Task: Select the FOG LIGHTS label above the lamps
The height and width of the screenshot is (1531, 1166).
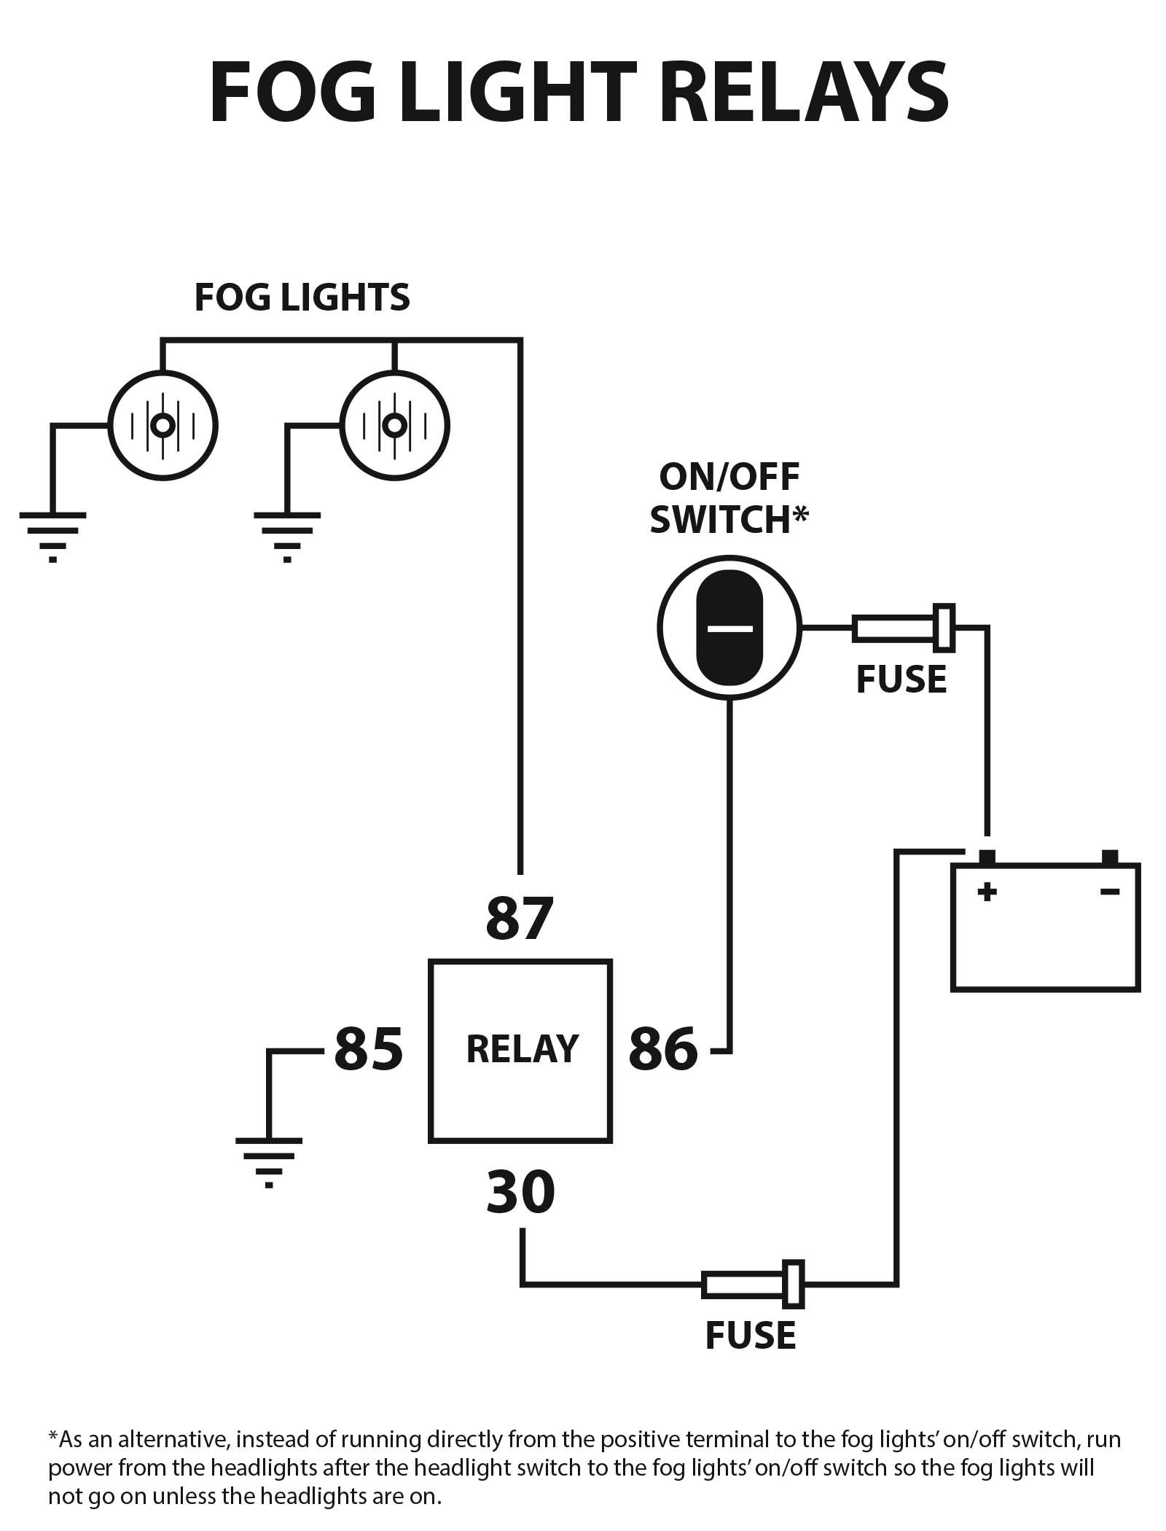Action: [x=302, y=297]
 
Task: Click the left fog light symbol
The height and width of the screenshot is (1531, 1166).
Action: [x=163, y=425]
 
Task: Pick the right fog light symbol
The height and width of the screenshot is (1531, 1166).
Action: [x=395, y=425]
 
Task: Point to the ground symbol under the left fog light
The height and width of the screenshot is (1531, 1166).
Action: [x=52, y=537]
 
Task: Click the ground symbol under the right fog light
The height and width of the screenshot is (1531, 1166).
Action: [x=287, y=537]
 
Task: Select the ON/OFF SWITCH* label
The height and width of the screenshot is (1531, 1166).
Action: [x=729, y=499]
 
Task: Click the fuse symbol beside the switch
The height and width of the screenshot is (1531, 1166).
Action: [x=904, y=628]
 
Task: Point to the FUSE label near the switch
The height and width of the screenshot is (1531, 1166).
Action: [x=901, y=679]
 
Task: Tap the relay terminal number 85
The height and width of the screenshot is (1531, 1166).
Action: [x=368, y=1050]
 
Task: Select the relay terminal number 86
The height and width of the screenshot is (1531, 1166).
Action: [x=662, y=1050]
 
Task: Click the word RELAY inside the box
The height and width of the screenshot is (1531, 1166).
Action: [x=522, y=1050]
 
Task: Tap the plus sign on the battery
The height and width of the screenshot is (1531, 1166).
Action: [x=987, y=891]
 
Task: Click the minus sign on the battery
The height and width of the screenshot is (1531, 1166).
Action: [x=1110, y=891]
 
